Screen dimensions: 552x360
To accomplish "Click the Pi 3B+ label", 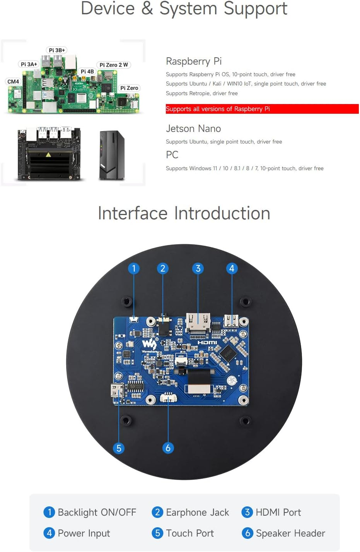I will tap(57, 50).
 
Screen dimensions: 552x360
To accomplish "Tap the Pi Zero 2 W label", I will tap(114, 65).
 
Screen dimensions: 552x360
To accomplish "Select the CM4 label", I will tap(13, 82).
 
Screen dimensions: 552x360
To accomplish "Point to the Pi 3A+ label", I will tap(29, 64).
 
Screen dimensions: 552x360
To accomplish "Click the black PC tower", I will tap(112, 156).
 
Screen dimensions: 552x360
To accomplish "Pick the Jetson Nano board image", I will tap(49, 154).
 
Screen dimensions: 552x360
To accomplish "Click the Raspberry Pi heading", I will tap(193, 61).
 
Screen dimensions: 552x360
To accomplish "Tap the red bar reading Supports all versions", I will tap(262, 109).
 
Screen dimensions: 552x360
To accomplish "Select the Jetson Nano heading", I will tap(193, 129).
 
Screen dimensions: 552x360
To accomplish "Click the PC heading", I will tap(172, 155).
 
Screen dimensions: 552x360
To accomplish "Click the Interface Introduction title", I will tap(184, 213).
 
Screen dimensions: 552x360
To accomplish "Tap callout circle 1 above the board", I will tap(134, 268).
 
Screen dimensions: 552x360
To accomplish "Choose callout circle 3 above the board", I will tap(198, 268).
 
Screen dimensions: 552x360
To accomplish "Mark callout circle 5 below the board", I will tap(119, 448).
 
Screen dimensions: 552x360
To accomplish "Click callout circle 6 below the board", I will tap(168, 448).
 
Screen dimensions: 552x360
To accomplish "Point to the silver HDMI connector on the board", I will tap(198, 321).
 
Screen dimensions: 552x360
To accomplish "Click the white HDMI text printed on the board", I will tap(207, 342).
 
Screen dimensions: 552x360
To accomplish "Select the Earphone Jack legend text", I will tap(197, 513).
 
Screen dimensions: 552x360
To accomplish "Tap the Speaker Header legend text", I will tap(290, 533).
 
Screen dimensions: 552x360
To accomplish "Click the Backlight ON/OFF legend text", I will tap(97, 513).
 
